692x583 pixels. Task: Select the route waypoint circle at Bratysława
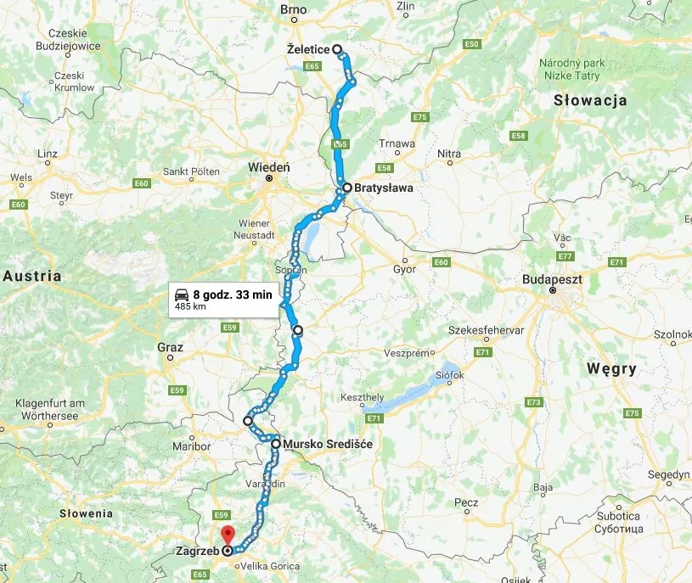tap(347, 188)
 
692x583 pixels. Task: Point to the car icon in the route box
tap(182, 294)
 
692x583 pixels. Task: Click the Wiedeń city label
tap(269, 167)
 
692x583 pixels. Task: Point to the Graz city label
tap(171, 346)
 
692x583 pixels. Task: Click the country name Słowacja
tap(590, 100)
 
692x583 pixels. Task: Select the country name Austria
tap(32, 276)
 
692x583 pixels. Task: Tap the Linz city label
tap(48, 154)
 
